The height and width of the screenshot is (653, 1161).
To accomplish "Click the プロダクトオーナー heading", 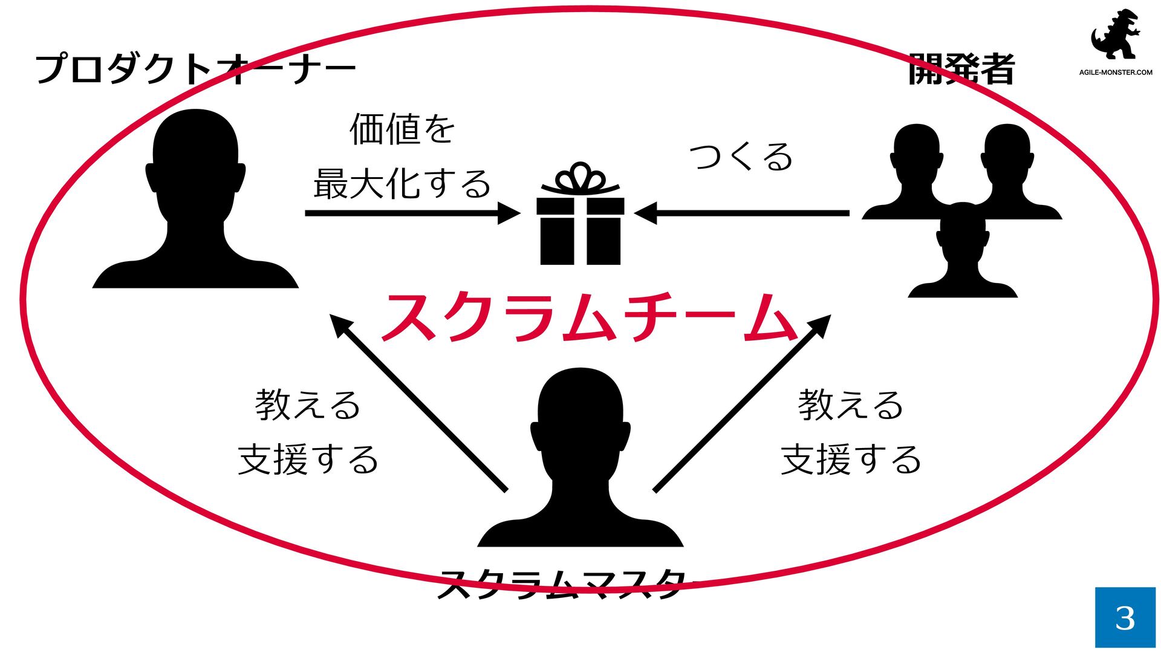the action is (x=195, y=69).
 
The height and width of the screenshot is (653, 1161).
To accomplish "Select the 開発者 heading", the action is (x=961, y=69).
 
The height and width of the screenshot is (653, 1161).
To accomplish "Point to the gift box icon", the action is (x=580, y=230).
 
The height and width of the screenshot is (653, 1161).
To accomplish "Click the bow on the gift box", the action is (x=580, y=178).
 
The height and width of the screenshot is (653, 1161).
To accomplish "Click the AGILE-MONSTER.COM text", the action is (x=1116, y=73).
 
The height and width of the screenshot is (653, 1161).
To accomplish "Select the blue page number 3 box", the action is (x=1125, y=617).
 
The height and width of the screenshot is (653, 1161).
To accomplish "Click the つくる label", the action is (x=741, y=157).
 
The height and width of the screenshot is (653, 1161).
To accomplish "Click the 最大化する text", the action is (x=402, y=184).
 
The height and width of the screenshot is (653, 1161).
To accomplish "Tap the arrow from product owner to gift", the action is (x=411, y=213).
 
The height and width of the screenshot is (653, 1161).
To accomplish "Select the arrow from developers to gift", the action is (x=744, y=213).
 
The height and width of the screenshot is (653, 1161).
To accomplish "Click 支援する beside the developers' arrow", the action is (x=851, y=460).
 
